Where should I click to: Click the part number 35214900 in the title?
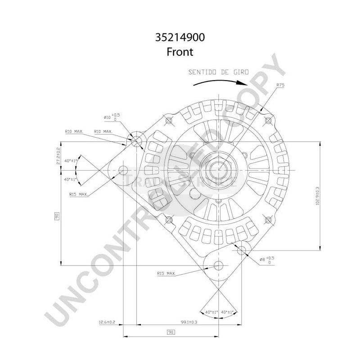pyautogui.click(x=180, y=38)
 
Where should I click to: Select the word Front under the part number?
pyautogui.click(x=180, y=52)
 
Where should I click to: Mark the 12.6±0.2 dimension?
pyautogui.click(x=107, y=322)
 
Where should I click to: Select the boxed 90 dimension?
pyautogui.click(x=171, y=332)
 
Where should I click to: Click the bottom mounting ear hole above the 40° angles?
pyautogui.click(x=219, y=265)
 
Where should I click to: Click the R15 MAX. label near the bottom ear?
pyautogui.click(x=166, y=273)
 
